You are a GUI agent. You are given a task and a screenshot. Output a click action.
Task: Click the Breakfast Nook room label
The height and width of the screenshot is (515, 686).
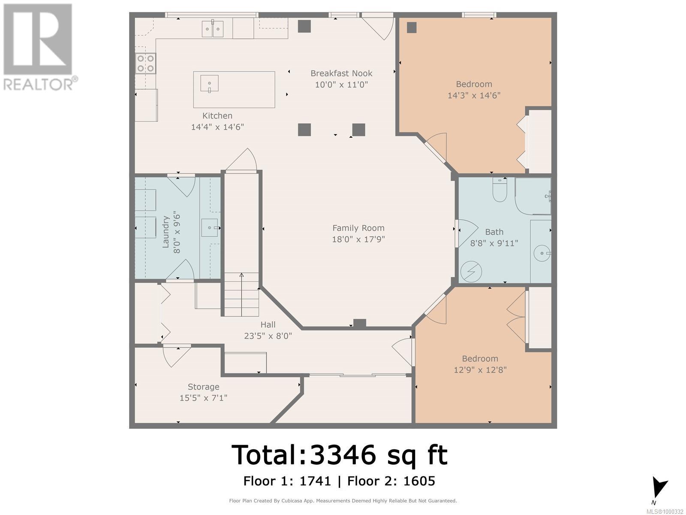341,73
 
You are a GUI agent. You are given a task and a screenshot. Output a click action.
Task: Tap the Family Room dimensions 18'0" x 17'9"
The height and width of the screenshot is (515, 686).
358,239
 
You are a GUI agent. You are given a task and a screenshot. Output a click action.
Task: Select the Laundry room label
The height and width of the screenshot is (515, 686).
165,232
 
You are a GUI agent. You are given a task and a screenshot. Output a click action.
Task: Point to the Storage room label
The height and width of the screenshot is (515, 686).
204,387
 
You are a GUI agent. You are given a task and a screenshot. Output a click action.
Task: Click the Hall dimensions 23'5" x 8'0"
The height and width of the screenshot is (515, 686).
268,336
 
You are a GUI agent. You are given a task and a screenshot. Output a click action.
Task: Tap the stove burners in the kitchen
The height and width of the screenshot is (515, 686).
146,63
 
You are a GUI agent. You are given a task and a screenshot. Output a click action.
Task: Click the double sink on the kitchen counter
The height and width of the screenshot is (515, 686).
213,29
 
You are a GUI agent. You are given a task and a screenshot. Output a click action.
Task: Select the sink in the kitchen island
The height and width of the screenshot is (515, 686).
209,84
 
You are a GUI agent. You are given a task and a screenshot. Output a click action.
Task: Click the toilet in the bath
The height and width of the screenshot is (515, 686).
500,190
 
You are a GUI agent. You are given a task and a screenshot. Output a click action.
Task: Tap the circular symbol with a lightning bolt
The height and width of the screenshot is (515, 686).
471,271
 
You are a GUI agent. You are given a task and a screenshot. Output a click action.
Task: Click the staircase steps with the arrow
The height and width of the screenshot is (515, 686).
241,294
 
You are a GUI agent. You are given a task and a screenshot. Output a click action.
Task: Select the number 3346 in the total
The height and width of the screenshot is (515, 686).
343,455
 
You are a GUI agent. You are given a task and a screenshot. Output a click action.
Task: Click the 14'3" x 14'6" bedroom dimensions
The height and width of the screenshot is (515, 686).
474,95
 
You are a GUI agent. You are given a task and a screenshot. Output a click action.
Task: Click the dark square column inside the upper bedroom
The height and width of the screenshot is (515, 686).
412,28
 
